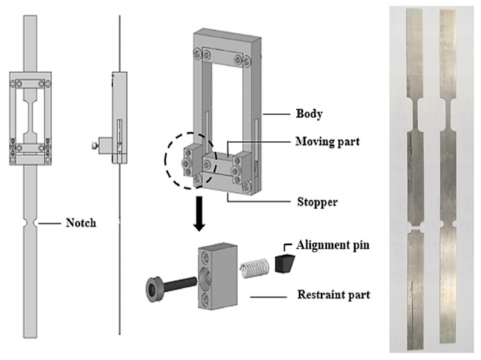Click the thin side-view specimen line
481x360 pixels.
pos(119,279)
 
